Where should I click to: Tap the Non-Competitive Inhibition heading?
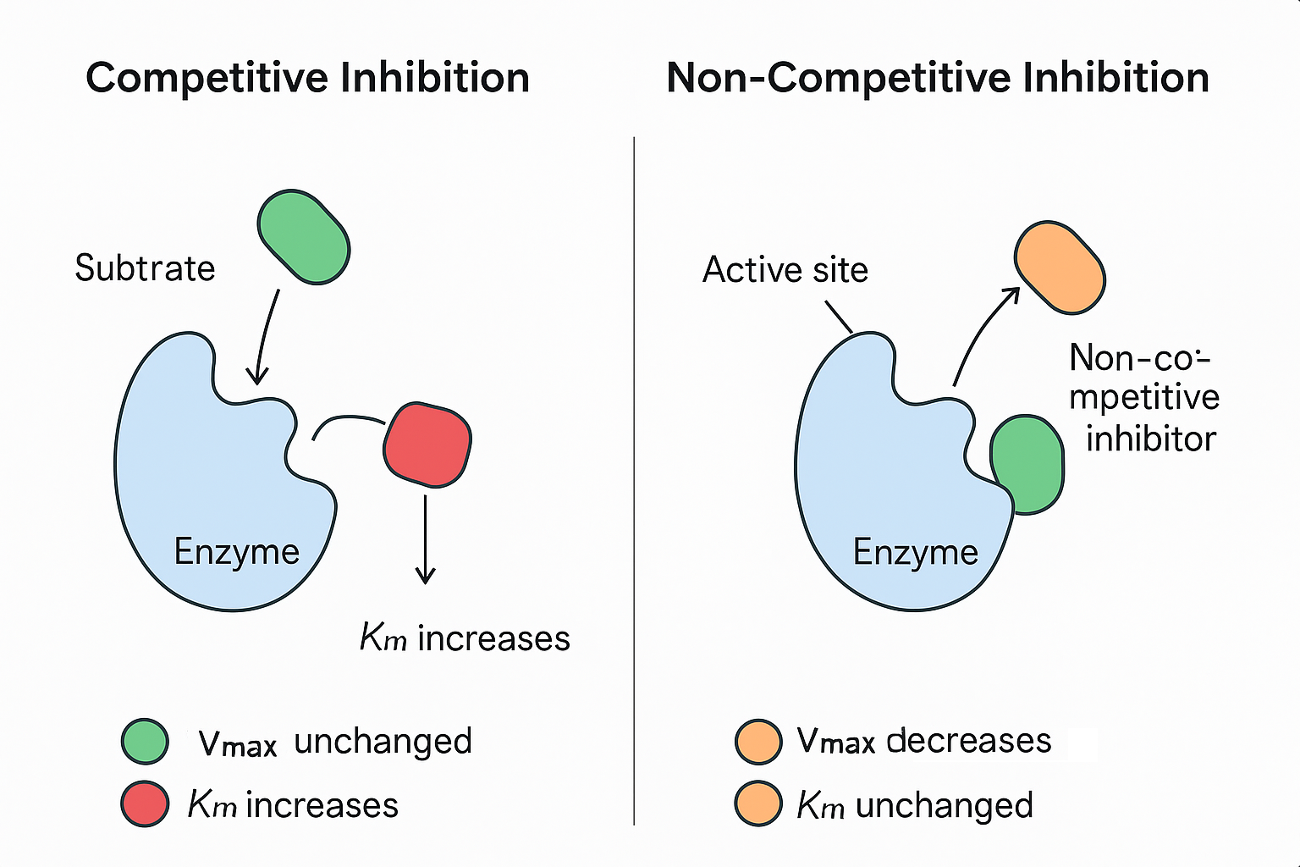tap(937, 78)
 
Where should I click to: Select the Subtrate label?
tap(145, 268)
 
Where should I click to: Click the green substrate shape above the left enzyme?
tap(303, 236)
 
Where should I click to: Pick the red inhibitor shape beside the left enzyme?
tap(427, 445)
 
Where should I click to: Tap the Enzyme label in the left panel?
tap(236, 552)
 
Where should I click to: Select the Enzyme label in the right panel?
tap(915, 552)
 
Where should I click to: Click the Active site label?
tap(785, 270)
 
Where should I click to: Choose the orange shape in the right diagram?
tap(1060, 268)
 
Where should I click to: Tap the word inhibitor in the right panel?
tap(1150, 439)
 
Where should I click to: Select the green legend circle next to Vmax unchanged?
tap(145, 742)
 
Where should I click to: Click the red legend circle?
tap(145, 803)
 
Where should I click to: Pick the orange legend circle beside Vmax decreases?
tap(757, 742)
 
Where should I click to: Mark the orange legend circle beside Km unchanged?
tap(757, 803)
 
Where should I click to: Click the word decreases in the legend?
tap(968, 741)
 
